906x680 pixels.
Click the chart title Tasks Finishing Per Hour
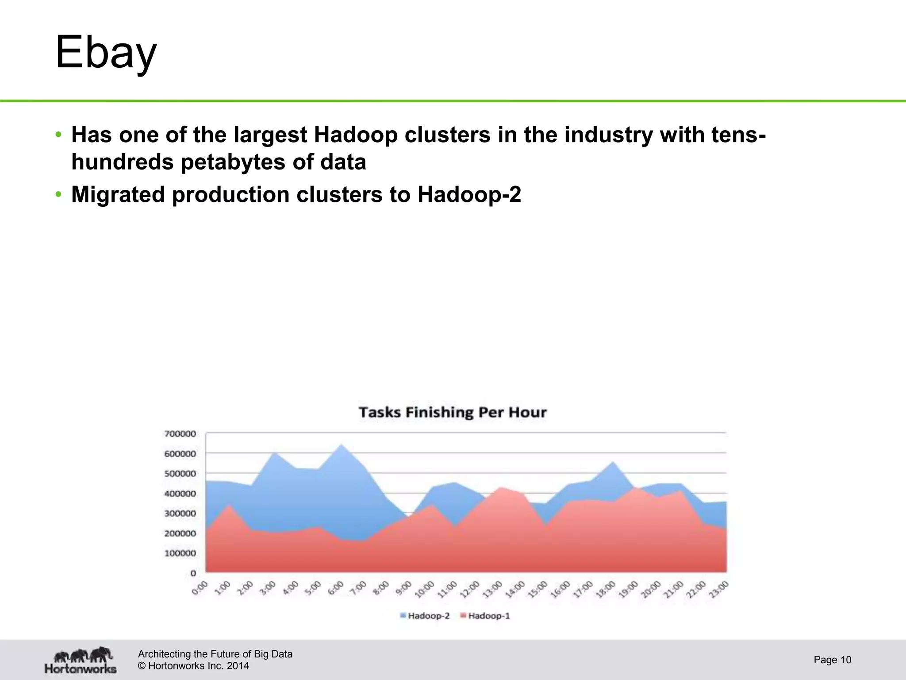pyautogui.click(x=453, y=413)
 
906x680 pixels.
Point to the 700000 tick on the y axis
pyautogui.click(x=180, y=434)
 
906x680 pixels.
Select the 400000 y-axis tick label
pyautogui.click(x=180, y=494)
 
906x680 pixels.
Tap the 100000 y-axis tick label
pyautogui.click(x=180, y=553)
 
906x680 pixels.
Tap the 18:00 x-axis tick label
pyautogui.click(x=606, y=590)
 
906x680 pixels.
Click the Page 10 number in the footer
pyautogui.click(x=832, y=660)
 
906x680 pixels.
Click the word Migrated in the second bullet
pyautogui.click(x=118, y=195)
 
